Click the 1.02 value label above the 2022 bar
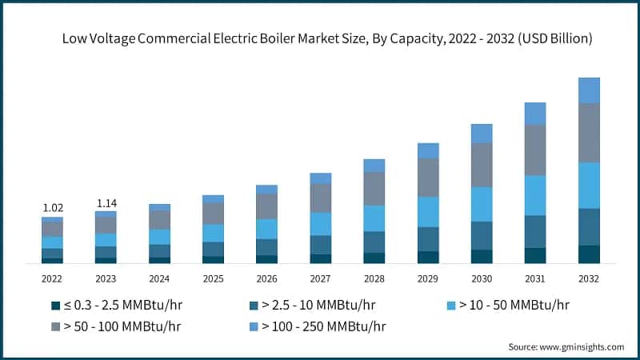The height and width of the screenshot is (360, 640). click(52, 208)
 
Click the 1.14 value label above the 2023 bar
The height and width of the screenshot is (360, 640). click(106, 203)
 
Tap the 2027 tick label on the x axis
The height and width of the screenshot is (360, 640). click(320, 278)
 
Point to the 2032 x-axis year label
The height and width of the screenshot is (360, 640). click(588, 278)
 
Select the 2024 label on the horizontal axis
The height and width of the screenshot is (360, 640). click(159, 278)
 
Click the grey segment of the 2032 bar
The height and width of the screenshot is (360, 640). click(589, 133)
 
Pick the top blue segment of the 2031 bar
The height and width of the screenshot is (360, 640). click(535, 114)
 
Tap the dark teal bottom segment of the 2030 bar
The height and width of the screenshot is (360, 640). click(482, 256)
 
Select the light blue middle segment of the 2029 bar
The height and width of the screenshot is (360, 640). click(428, 212)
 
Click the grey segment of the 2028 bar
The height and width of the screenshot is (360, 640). click(374, 189)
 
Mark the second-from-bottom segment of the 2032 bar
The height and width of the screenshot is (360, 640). click(589, 226)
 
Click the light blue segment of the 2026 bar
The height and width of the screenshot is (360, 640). click(266, 229)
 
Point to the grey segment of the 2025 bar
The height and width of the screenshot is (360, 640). click(213, 214)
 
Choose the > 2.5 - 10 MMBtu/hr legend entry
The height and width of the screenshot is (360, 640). click(312, 305)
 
